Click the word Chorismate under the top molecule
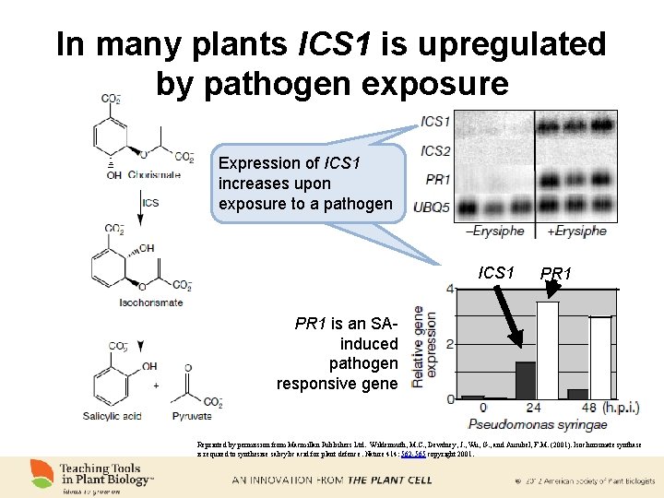point(154,174)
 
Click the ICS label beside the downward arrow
point(150,203)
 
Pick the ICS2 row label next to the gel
point(435,150)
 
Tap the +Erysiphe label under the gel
point(576,231)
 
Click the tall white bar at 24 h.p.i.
point(548,350)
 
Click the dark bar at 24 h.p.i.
point(526,380)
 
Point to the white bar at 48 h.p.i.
point(600,358)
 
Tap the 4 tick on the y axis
point(449,289)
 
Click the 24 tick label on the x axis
point(533,408)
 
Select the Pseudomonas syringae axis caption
point(538,424)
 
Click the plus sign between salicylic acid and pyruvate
point(156,385)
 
